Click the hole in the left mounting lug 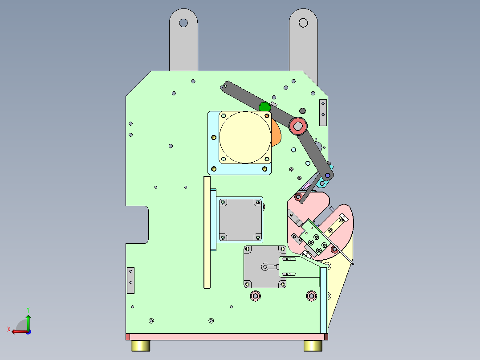click(x=183, y=23)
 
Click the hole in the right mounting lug click(x=303, y=23)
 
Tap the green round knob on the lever click(x=265, y=107)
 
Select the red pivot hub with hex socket click(x=298, y=126)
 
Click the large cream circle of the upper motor click(x=245, y=137)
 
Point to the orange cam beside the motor click(x=276, y=133)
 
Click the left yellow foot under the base click(x=141, y=346)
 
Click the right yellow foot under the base click(x=313, y=346)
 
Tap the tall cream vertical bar click(x=207, y=232)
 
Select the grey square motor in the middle click(x=240, y=220)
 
